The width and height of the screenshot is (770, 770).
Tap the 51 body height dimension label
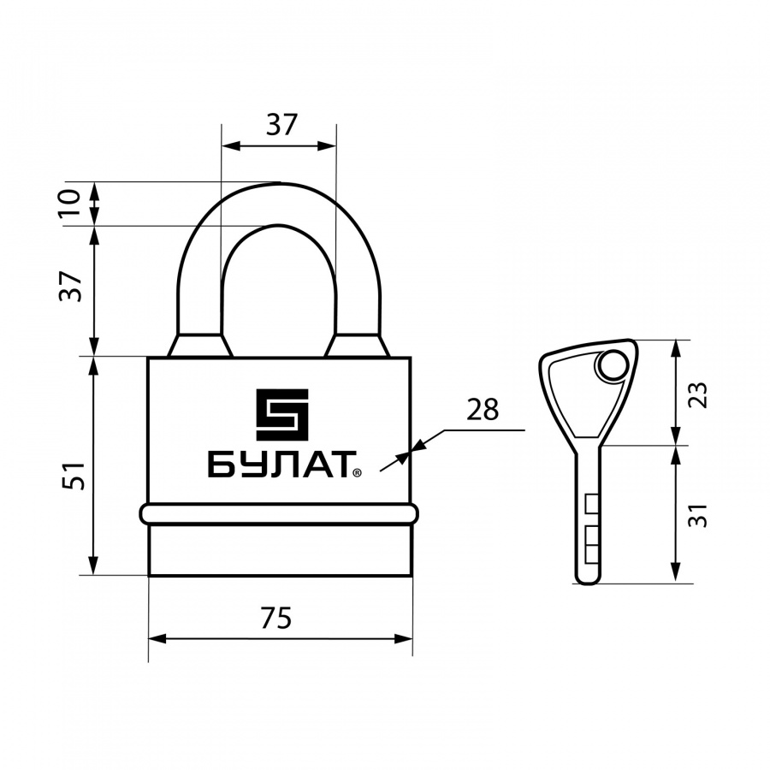pos(74,476)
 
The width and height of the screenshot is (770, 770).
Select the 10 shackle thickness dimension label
pos(70,204)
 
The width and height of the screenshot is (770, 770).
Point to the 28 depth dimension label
pos(483,409)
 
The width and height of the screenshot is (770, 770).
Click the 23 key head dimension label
pos(697,394)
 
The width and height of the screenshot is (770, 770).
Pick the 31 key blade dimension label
pos(697,515)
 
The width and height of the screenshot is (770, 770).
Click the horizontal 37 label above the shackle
pos(281,124)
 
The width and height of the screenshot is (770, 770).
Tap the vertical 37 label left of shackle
pos(70,286)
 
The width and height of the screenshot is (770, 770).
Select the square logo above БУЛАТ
pos(282,414)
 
